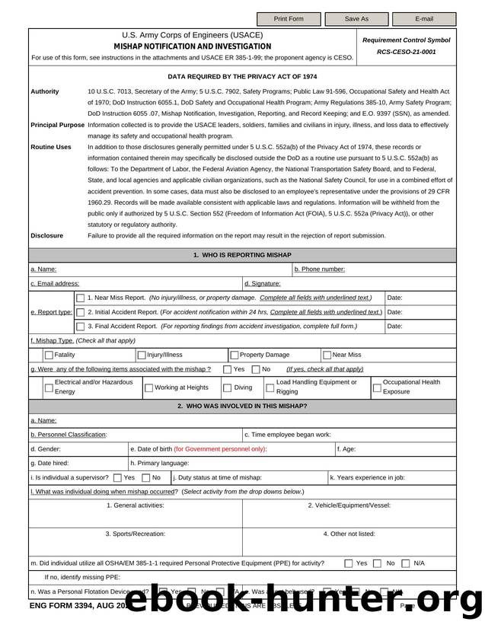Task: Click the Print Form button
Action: pyautogui.click(x=288, y=19)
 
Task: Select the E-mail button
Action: pyautogui.click(x=423, y=19)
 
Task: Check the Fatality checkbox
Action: pyautogui.click(x=49, y=355)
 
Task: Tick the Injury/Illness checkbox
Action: pyautogui.click(x=142, y=355)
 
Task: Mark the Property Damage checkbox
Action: pyautogui.click(x=235, y=355)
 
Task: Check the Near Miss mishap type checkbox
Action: pyautogui.click(x=327, y=355)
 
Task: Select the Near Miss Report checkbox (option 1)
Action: pyautogui.click(x=81, y=298)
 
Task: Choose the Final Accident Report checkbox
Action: pyautogui.click(x=81, y=327)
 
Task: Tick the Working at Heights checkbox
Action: pyautogui.click(x=148, y=388)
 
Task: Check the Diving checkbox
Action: pyautogui.click(x=227, y=388)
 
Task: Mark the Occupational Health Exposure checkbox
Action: pyautogui.click(x=376, y=388)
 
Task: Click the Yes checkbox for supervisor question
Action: pyautogui.click(x=116, y=478)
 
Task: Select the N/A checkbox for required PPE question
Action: pyautogui.click(x=405, y=564)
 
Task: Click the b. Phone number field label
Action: pyautogui.click(x=319, y=269)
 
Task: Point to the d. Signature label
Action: pyautogui.click(x=262, y=284)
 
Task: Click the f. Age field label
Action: pyautogui.click(x=346, y=449)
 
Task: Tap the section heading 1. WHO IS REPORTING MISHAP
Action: pyautogui.click(x=242, y=255)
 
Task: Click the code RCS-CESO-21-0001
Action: pyautogui.click(x=407, y=53)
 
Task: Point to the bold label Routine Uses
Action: pyautogui.click(x=51, y=147)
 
